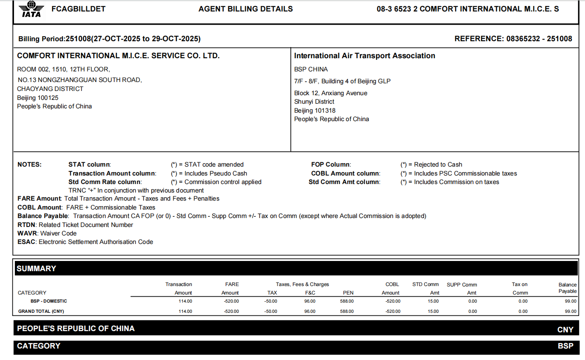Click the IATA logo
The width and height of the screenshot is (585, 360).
click(x=31, y=9)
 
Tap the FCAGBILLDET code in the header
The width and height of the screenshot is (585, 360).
click(x=78, y=9)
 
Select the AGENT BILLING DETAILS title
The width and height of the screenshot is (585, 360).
click(x=245, y=9)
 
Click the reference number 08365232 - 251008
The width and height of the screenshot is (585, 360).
click(x=539, y=39)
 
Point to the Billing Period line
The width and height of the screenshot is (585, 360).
click(x=109, y=39)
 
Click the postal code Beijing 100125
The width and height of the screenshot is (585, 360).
click(x=38, y=98)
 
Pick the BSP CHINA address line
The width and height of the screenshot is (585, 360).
click(x=311, y=69)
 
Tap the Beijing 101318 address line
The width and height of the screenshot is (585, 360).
click(x=315, y=111)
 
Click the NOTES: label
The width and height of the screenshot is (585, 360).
click(x=29, y=164)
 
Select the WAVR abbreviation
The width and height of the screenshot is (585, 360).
click(x=27, y=233)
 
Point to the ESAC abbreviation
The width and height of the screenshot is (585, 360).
click(x=27, y=242)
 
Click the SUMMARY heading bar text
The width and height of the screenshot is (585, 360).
click(x=37, y=269)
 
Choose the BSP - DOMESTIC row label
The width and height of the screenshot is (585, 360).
click(x=49, y=301)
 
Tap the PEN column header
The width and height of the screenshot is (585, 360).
click(x=348, y=293)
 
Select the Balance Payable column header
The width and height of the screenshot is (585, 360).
click(x=568, y=288)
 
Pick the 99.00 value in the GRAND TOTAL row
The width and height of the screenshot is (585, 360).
click(x=571, y=312)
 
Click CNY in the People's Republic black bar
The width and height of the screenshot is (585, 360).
click(x=565, y=329)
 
